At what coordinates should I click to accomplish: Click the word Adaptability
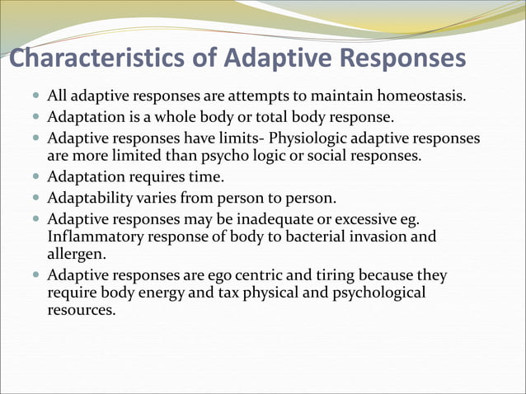coord(88,198)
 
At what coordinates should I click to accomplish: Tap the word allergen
coord(77,256)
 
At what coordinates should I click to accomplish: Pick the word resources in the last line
coord(81,312)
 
